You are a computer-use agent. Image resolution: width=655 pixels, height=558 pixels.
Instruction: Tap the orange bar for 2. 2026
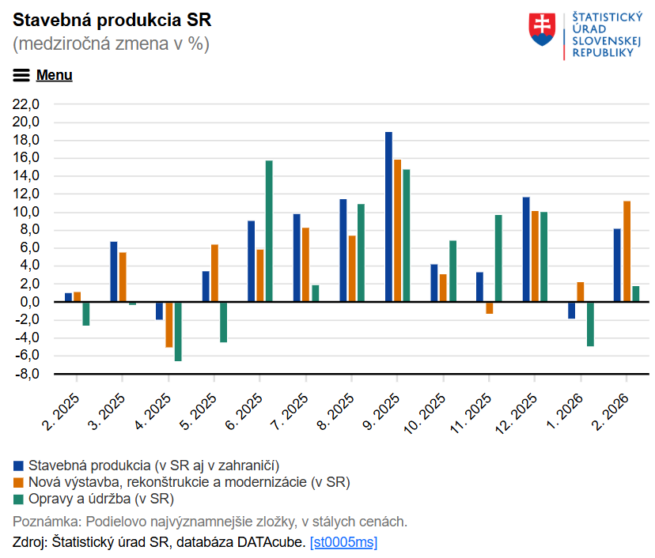(x=627, y=251)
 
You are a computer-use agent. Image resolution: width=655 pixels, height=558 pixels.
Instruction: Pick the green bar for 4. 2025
(x=178, y=331)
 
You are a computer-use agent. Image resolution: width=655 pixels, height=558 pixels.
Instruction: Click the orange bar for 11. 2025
(x=490, y=307)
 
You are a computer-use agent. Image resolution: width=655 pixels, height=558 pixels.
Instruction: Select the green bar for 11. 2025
(x=498, y=258)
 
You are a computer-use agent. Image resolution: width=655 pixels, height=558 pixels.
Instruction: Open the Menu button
(x=43, y=75)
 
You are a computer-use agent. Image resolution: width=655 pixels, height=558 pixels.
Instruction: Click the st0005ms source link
(x=343, y=542)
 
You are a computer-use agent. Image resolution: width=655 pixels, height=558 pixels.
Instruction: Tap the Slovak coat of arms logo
(x=542, y=29)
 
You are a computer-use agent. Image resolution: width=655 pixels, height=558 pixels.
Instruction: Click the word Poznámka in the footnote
(x=47, y=522)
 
